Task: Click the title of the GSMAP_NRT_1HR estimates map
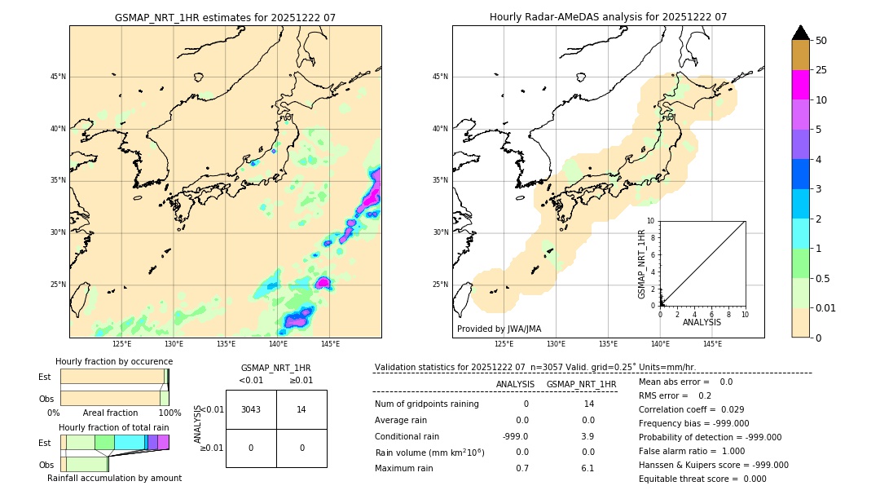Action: (225, 17)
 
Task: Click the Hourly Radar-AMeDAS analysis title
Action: (608, 17)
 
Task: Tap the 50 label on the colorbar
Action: (821, 41)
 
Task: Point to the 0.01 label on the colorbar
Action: (826, 307)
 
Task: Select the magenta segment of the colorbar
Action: (800, 85)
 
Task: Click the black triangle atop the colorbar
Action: (800, 33)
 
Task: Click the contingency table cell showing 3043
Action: (251, 409)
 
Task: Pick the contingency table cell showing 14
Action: (301, 409)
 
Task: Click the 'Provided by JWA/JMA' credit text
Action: (499, 329)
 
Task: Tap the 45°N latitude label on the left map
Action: (58, 77)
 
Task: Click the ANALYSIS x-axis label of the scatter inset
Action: (702, 322)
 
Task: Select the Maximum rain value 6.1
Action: (588, 468)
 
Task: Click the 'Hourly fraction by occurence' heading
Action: (114, 361)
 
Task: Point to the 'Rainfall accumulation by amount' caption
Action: (114, 478)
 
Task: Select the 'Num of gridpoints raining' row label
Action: (426, 404)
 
